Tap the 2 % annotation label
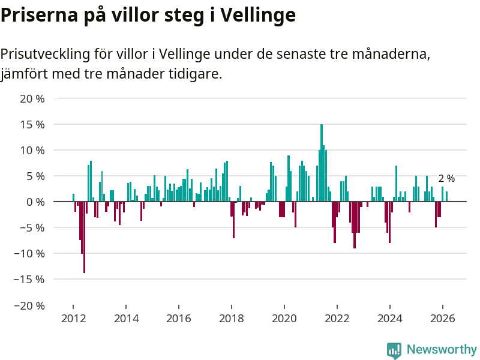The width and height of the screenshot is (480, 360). (x=446, y=178)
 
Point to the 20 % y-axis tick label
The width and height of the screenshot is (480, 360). (x=32, y=98)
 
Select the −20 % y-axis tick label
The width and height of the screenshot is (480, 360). (x=29, y=305)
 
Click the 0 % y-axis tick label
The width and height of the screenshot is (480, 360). (x=35, y=202)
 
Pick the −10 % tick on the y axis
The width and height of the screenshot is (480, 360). (x=29, y=253)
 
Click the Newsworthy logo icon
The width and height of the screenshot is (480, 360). (x=394, y=350)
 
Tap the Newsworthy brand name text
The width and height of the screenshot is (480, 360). (x=442, y=350)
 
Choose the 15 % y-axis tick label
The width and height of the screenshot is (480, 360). (x=32, y=124)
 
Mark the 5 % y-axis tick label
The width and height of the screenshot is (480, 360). (x=35, y=176)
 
